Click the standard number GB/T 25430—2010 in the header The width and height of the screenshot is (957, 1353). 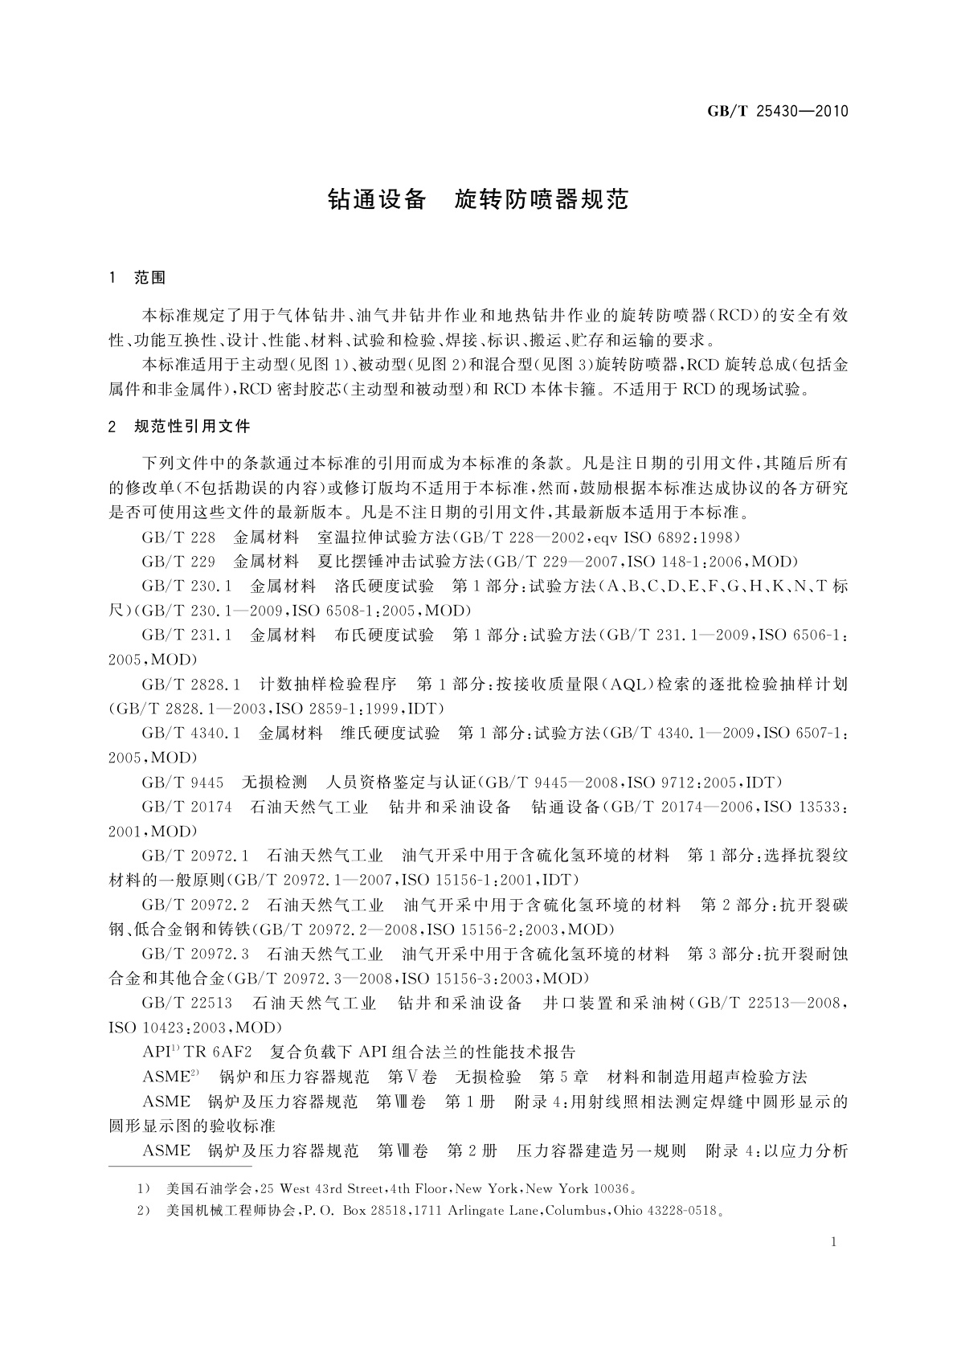coord(777,111)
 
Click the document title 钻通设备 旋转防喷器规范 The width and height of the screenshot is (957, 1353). coord(477,199)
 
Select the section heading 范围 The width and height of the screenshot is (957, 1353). coord(149,278)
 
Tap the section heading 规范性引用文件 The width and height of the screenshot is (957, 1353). coord(192,426)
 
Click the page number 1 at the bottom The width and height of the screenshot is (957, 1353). coord(834,1242)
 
